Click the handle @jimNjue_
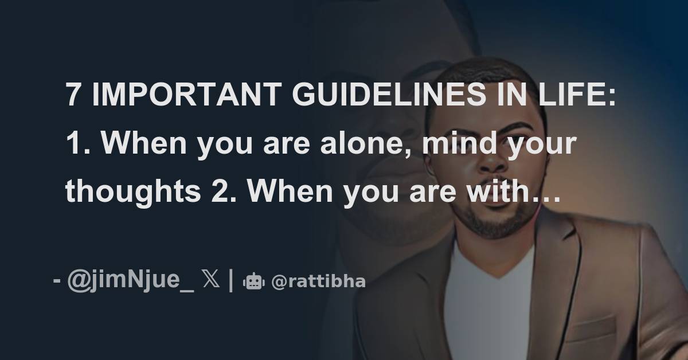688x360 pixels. pyautogui.click(x=130, y=281)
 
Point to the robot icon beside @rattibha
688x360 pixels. pyautogui.click(x=253, y=282)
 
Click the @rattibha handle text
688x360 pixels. pyautogui.click(x=318, y=282)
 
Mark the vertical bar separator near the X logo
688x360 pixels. pyautogui.click(x=231, y=281)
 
